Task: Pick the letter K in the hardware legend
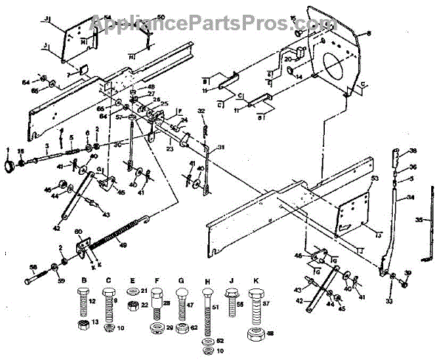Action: (x=256, y=282)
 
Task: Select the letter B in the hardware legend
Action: (x=83, y=282)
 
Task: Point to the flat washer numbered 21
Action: (x=133, y=293)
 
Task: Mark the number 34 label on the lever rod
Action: (x=410, y=198)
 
